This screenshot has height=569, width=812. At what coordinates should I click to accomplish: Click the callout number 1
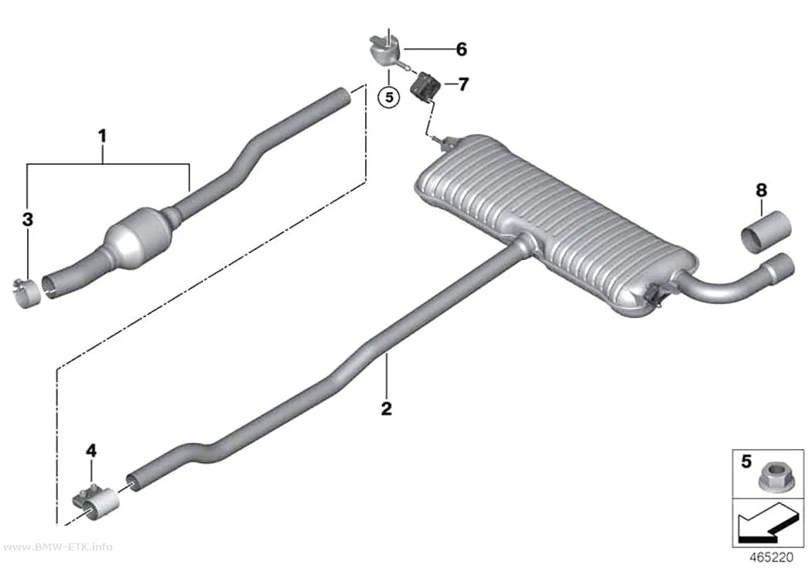[x=103, y=136]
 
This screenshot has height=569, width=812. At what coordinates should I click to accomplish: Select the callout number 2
[x=387, y=408]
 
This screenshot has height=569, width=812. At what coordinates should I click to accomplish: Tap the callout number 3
[x=27, y=219]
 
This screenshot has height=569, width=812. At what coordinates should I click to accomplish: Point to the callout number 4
[x=91, y=451]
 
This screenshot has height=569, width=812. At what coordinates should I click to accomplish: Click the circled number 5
[x=389, y=97]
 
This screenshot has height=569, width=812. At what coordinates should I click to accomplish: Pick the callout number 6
[x=462, y=50]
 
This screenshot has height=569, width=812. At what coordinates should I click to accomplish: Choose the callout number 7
[x=463, y=84]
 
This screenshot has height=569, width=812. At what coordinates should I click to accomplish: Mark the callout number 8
[x=761, y=190]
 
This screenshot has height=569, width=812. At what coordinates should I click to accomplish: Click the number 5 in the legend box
[x=745, y=461]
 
